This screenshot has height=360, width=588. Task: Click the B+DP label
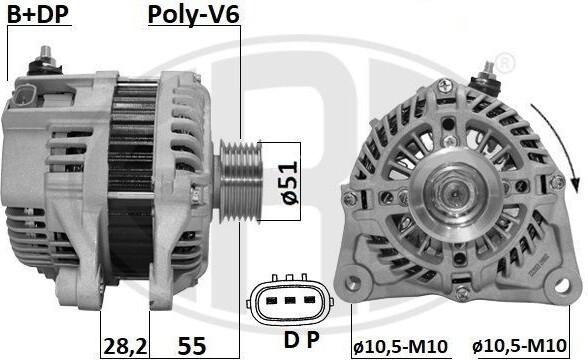tap(38, 15)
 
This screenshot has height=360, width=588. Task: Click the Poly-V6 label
tap(194, 15)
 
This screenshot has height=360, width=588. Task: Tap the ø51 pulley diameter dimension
tap(290, 183)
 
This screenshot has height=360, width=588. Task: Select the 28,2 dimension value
tap(125, 346)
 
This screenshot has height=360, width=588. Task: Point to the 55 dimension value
tap(192, 346)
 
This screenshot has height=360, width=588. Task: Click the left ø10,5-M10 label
tap(400, 346)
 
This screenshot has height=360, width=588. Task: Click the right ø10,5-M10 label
tap(519, 345)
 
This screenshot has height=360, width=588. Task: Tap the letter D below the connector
tap(291, 340)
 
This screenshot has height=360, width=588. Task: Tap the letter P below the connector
tap(314, 340)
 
